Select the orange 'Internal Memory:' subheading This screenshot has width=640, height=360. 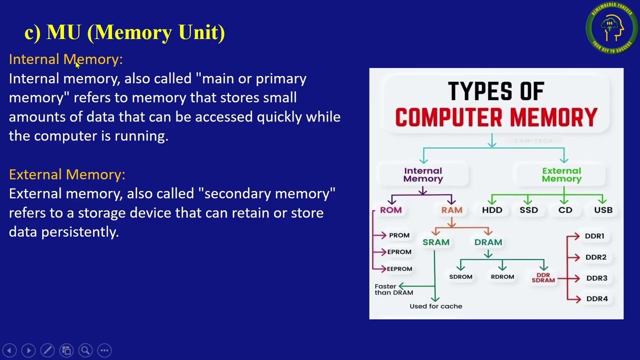(65, 59)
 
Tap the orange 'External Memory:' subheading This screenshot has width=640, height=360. (67, 174)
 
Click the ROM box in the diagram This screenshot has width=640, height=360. (390, 210)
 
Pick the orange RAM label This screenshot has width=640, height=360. (451, 210)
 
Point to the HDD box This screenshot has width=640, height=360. (492, 210)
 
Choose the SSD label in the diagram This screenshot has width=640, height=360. (528, 210)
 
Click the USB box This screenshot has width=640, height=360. (603, 210)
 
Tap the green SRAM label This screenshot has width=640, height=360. (436, 242)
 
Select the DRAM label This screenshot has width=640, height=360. (488, 242)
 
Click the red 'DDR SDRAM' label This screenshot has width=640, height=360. (543, 278)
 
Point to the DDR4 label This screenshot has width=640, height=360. (596, 299)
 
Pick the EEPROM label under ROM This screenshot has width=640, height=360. (399, 269)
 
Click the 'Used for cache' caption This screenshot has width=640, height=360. (435, 306)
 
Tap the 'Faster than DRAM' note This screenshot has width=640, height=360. (393, 289)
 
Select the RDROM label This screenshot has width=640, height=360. (502, 277)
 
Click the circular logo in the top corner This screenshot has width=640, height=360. (611, 28)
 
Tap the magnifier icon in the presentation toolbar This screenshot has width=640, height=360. (85, 350)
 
